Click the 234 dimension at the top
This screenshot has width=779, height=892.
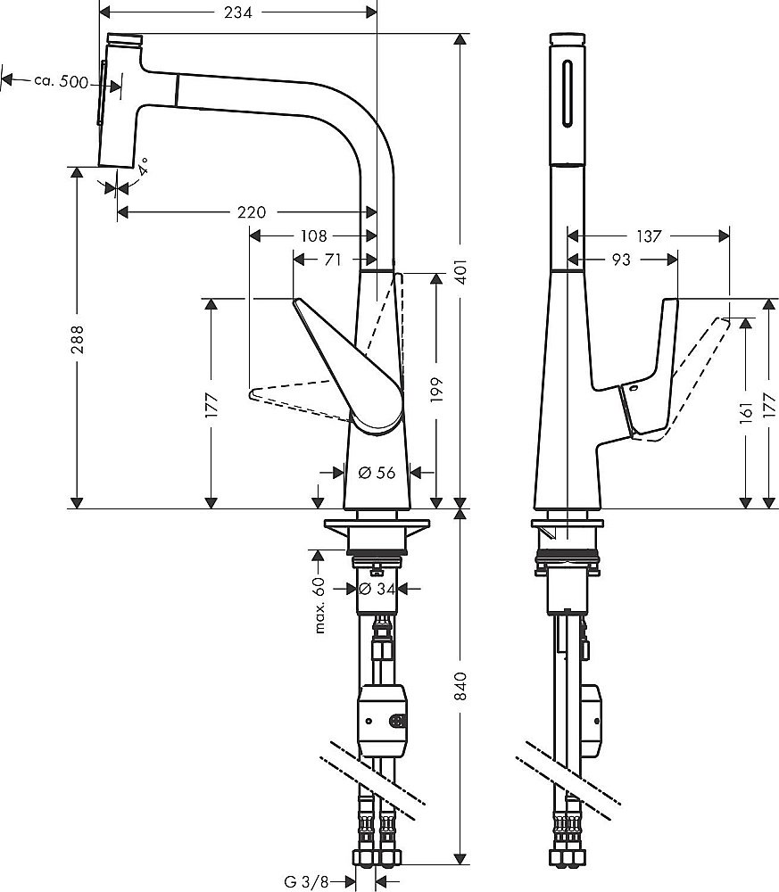[x=236, y=12]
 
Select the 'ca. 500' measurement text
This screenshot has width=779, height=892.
[x=62, y=81]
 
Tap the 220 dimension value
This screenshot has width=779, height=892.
[x=252, y=212]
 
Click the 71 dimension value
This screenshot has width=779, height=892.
[x=332, y=260]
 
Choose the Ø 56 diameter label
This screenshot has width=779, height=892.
[x=377, y=473]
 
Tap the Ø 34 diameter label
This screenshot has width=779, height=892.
[x=380, y=589]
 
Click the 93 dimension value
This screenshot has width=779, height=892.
[x=622, y=260]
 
